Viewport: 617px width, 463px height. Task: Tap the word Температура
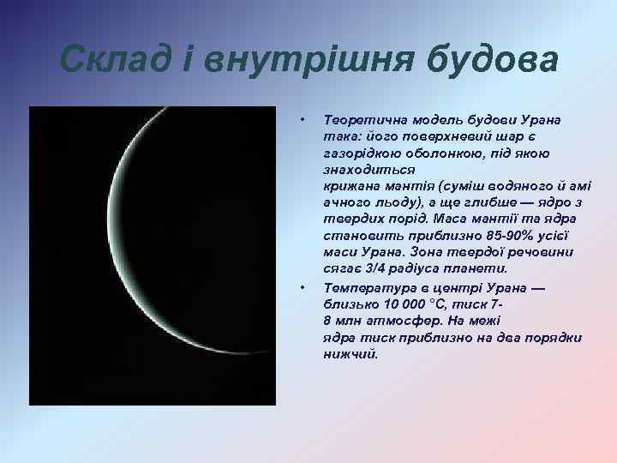367,287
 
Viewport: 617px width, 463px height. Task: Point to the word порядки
557,337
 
